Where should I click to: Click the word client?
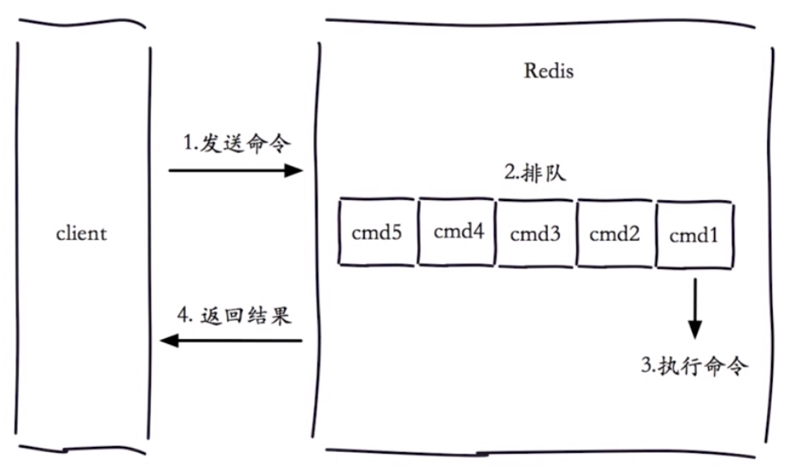81,234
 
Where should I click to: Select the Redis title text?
549,71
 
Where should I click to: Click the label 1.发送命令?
236,144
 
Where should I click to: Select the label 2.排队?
535,173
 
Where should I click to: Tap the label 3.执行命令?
694,366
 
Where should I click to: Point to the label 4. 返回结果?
234,316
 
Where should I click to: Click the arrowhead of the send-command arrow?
293,171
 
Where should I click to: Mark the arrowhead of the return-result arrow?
169,341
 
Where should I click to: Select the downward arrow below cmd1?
695,308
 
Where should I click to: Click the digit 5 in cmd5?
397,232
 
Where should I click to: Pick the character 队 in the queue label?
556,173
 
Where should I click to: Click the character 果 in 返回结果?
280,316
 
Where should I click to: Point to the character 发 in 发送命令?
210,144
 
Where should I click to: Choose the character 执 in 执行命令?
669,366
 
